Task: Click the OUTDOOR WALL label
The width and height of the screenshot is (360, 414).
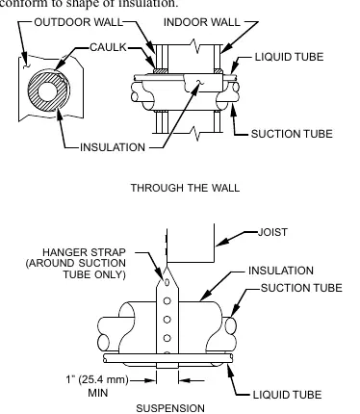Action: [79, 22]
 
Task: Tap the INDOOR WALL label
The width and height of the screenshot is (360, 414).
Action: [202, 22]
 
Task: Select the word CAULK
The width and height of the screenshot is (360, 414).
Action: [108, 47]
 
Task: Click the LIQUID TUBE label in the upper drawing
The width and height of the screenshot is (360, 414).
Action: [289, 57]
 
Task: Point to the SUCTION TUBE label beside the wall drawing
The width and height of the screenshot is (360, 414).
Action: [292, 134]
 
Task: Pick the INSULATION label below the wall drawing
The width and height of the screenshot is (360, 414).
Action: [113, 147]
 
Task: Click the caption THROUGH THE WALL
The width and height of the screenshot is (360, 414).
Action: [185, 188]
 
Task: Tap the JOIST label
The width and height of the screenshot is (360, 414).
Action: [272, 232]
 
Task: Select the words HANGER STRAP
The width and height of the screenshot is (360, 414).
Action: [84, 252]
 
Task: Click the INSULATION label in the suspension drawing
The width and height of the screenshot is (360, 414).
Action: [281, 271]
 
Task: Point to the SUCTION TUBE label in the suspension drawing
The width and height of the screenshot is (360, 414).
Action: [301, 288]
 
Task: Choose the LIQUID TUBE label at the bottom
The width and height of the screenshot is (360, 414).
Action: [287, 395]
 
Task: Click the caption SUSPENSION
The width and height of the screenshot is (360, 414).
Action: [170, 408]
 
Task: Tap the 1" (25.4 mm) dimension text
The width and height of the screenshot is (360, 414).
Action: [97, 379]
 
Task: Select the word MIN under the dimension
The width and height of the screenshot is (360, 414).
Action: [98, 393]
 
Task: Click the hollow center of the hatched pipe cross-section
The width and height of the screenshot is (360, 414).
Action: [47, 91]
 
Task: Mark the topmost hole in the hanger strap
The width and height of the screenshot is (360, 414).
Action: [167, 282]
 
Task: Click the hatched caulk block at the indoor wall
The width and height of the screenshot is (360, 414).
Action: [219, 71]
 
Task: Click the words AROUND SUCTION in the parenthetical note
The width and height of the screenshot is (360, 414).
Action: [77, 263]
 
